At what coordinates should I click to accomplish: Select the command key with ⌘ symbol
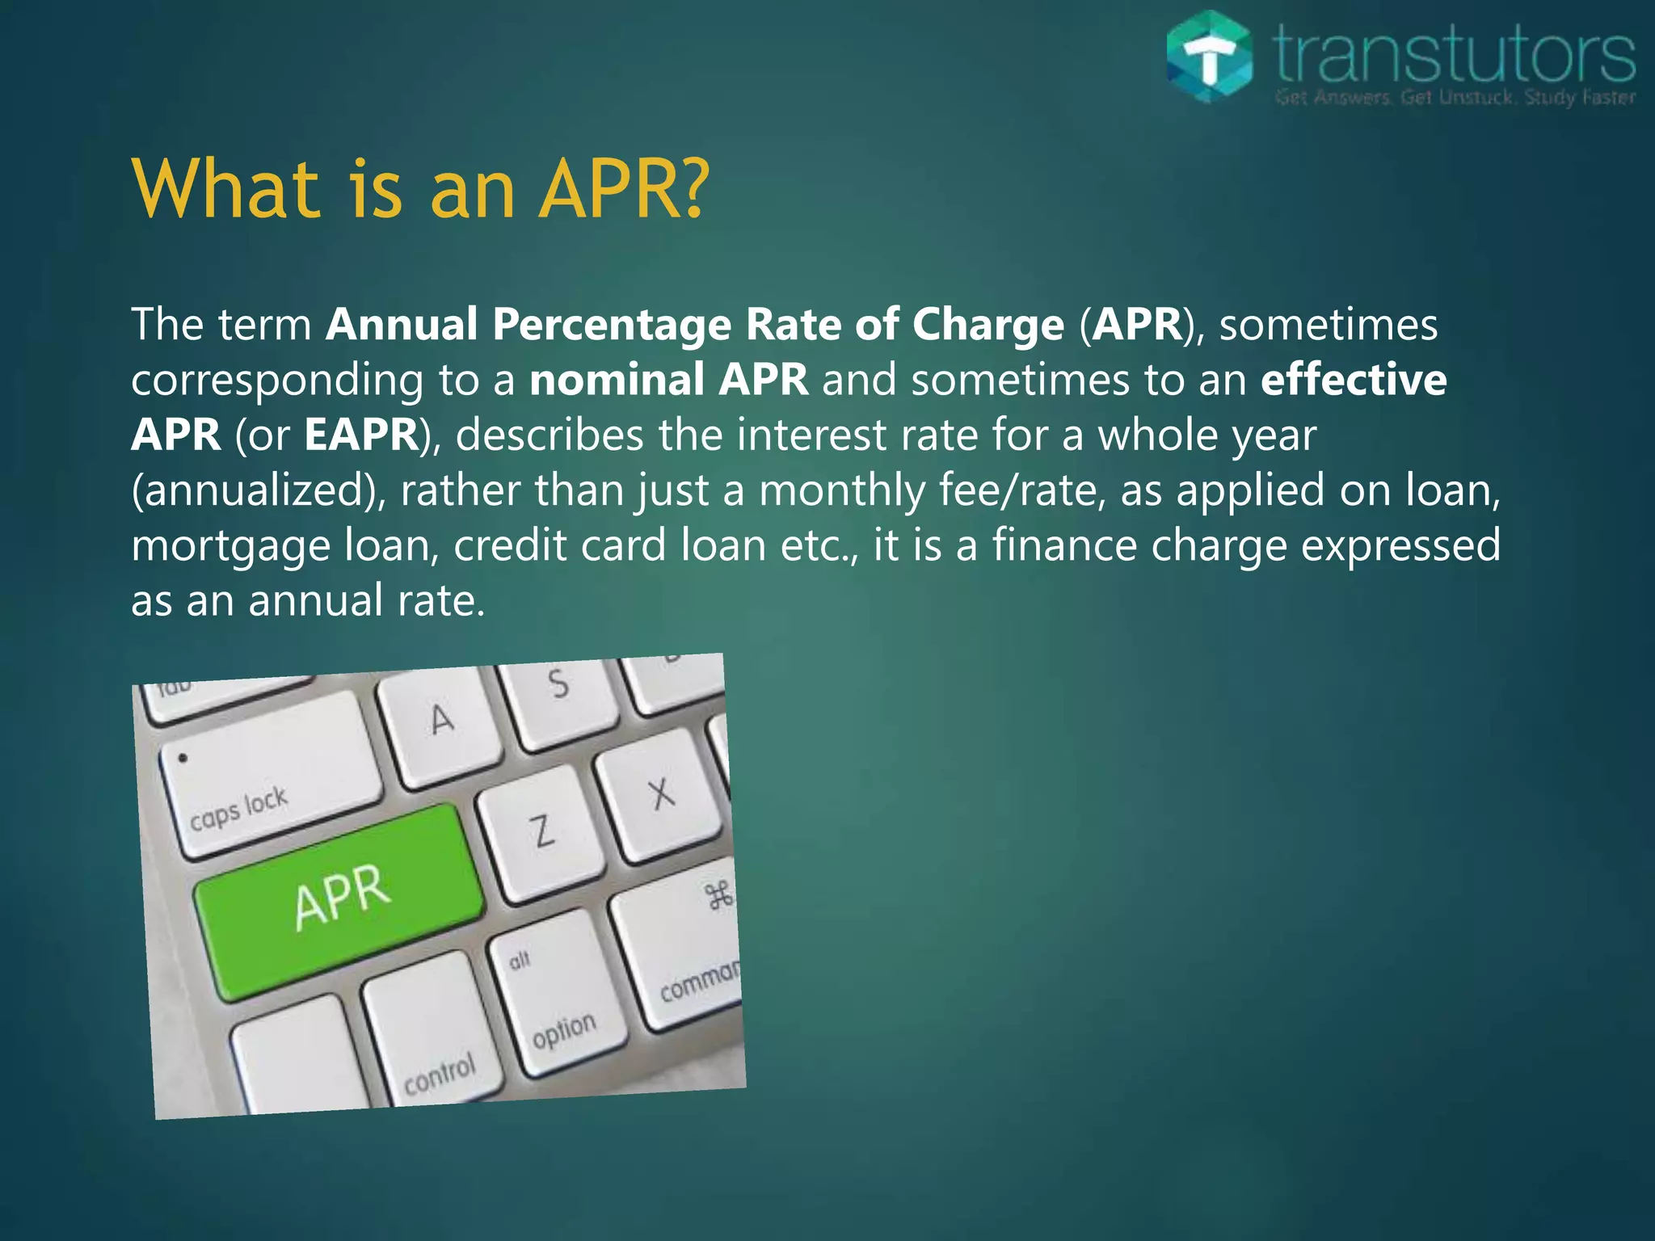[687, 953]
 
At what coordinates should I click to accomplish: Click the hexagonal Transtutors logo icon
[1210, 57]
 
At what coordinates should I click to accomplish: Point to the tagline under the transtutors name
[1455, 98]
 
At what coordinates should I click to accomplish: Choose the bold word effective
[1354, 380]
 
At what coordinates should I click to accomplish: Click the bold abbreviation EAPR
[361, 435]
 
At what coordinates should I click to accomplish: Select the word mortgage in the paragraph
[231, 546]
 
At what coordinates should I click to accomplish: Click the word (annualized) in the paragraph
[258, 491]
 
